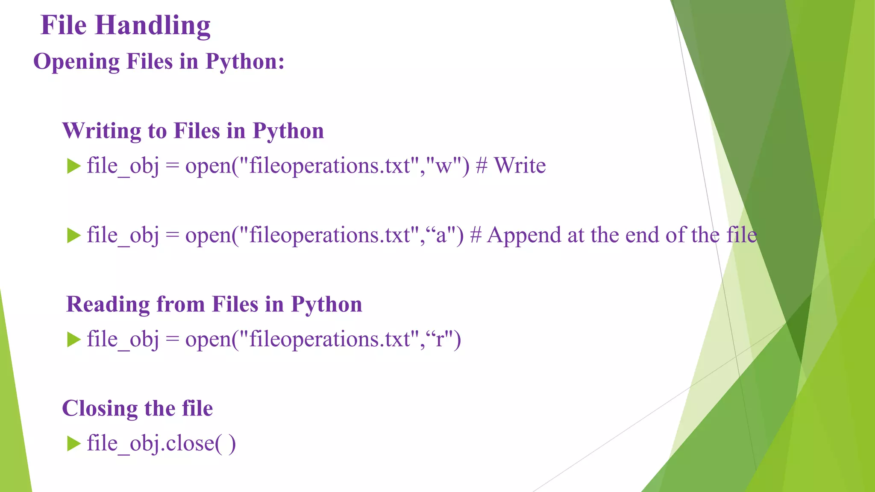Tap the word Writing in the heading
click(102, 131)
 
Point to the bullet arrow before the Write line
click(74, 166)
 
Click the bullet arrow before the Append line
click(74, 235)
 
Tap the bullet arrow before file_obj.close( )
click(74, 443)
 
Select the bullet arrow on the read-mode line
click(74, 340)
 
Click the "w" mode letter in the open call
click(443, 167)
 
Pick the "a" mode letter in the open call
click(441, 236)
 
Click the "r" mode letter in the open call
click(440, 340)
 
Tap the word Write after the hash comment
click(520, 166)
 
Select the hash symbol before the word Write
click(482, 166)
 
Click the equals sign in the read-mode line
click(172, 340)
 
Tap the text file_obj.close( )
click(161, 443)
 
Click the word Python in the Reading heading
click(326, 304)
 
